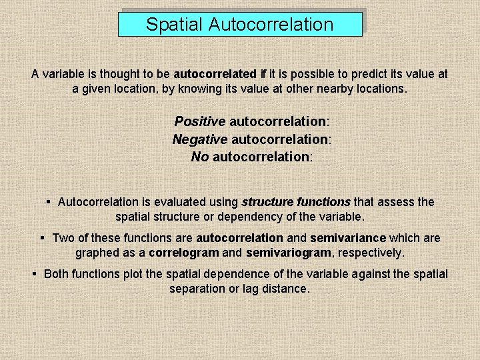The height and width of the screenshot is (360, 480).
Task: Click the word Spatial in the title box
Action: point(174,25)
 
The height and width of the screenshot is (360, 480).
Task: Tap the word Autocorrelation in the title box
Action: point(271,25)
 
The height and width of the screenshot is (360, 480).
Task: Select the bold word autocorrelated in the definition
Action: point(215,74)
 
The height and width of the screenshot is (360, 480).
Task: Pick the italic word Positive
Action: point(199,122)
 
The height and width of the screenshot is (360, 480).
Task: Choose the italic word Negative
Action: point(199,139)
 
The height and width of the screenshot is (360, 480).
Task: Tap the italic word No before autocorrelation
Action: point(200,157)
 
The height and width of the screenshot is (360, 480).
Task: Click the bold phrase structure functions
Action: point(295,202)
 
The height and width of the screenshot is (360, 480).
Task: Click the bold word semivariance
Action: point(348,238)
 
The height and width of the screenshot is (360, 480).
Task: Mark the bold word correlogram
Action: point(183,253)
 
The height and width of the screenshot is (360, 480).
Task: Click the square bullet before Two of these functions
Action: point(42,237)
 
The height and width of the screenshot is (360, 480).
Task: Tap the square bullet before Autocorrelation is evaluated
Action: point(49,201)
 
